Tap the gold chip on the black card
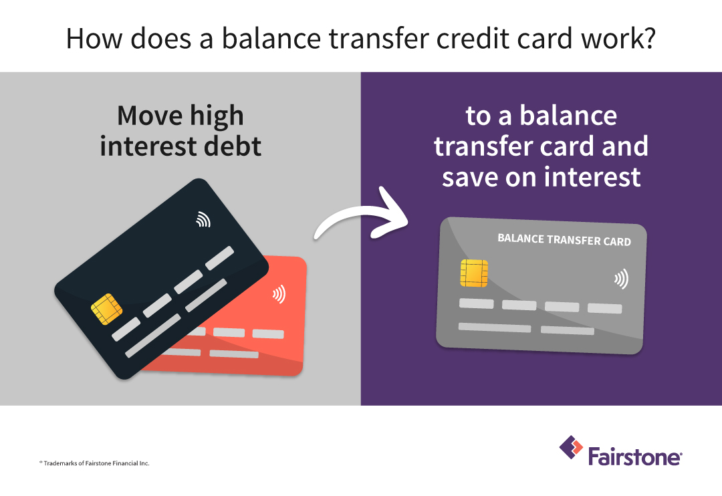pos(106,308)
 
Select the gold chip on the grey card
pos(473,273)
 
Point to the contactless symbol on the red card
pos(278,294)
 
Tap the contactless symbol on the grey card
pos(621,279)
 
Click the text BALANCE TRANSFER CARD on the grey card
pos(564,240)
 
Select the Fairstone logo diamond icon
pos(571,448)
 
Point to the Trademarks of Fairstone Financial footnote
pos(94,463)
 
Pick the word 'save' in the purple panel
pos(469,176)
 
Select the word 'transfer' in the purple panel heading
pos(489,146)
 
